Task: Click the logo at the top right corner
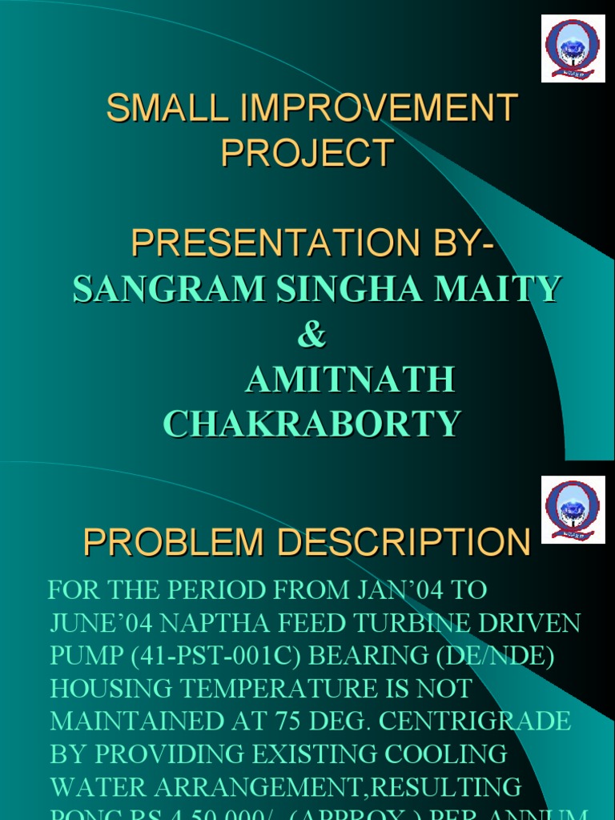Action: click(572, 48)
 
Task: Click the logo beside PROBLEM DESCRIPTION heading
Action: click(572, 510)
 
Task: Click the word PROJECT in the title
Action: click(307, 153)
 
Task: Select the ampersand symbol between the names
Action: click(312, 335)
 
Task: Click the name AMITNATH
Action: click(350, 380)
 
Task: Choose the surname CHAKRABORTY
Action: click(312, 424)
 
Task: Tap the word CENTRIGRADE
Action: click(475, 721)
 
